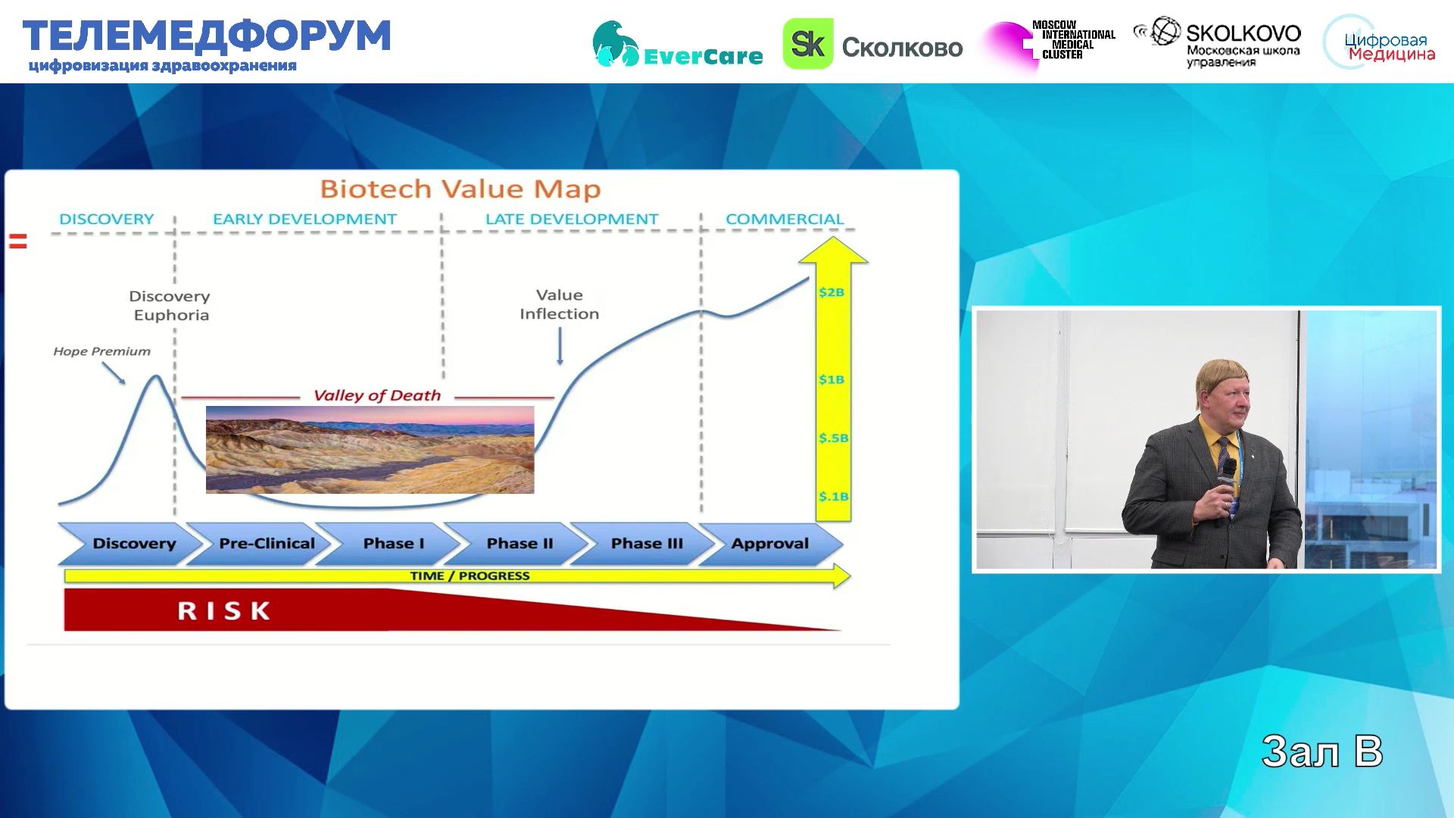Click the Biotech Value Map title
460,189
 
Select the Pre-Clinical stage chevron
262,543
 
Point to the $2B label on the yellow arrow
832,292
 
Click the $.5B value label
833,438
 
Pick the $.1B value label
833,497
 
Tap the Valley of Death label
377,395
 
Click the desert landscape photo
370,450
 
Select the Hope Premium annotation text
101,351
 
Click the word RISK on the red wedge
224,611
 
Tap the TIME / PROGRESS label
470,576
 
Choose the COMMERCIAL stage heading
785,219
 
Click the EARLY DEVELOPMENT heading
304,219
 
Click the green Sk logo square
808,44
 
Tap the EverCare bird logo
615,44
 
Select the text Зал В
1322,751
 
